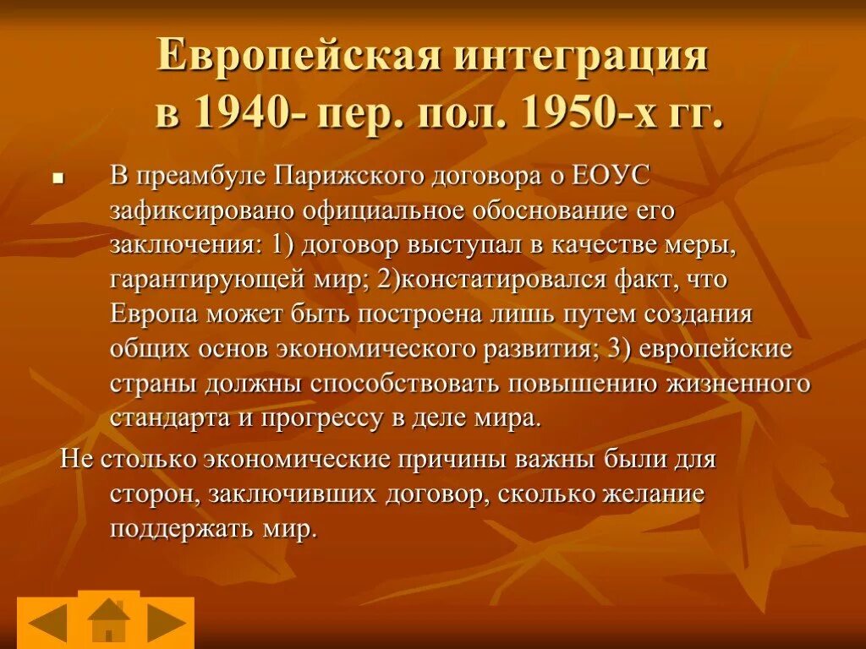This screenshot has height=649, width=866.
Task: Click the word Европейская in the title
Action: point(300,57)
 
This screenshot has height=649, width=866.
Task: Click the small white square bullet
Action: point(58,179)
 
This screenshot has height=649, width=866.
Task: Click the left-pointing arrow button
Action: point(47,624)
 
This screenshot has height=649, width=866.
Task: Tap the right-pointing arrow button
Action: point(167,624)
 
